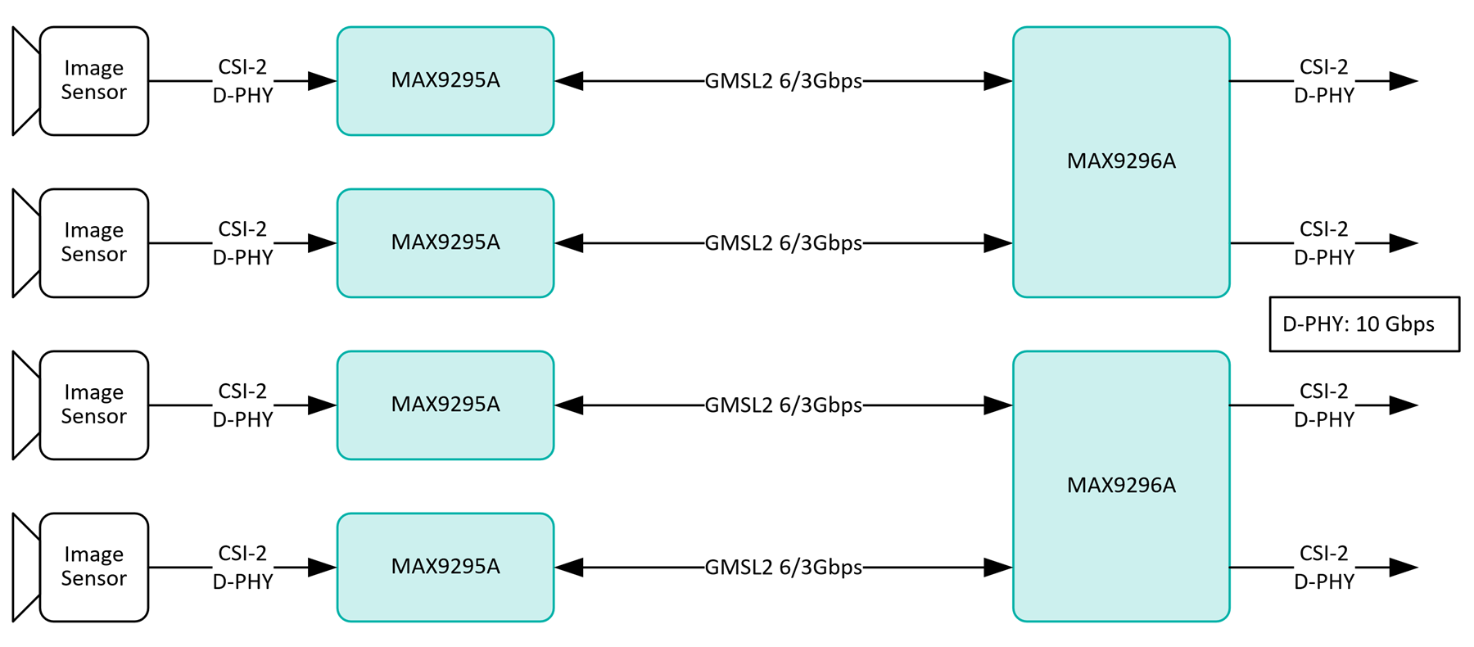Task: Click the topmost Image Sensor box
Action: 93,80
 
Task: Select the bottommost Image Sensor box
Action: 93,567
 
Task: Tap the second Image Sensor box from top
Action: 93,242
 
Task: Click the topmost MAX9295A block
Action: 445,80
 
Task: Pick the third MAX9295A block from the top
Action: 445,405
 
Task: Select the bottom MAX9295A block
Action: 445,567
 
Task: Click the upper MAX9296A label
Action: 1120,161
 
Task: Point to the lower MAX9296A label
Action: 1120,486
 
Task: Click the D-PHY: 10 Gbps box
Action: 1363,324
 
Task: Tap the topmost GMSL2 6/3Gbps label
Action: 783,81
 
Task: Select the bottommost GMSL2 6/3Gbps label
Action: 783,568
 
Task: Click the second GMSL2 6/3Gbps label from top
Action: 783,243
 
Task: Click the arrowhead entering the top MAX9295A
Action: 323,81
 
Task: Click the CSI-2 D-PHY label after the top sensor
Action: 242,81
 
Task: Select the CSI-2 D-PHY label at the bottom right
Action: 1323,568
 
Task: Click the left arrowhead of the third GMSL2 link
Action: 569,405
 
